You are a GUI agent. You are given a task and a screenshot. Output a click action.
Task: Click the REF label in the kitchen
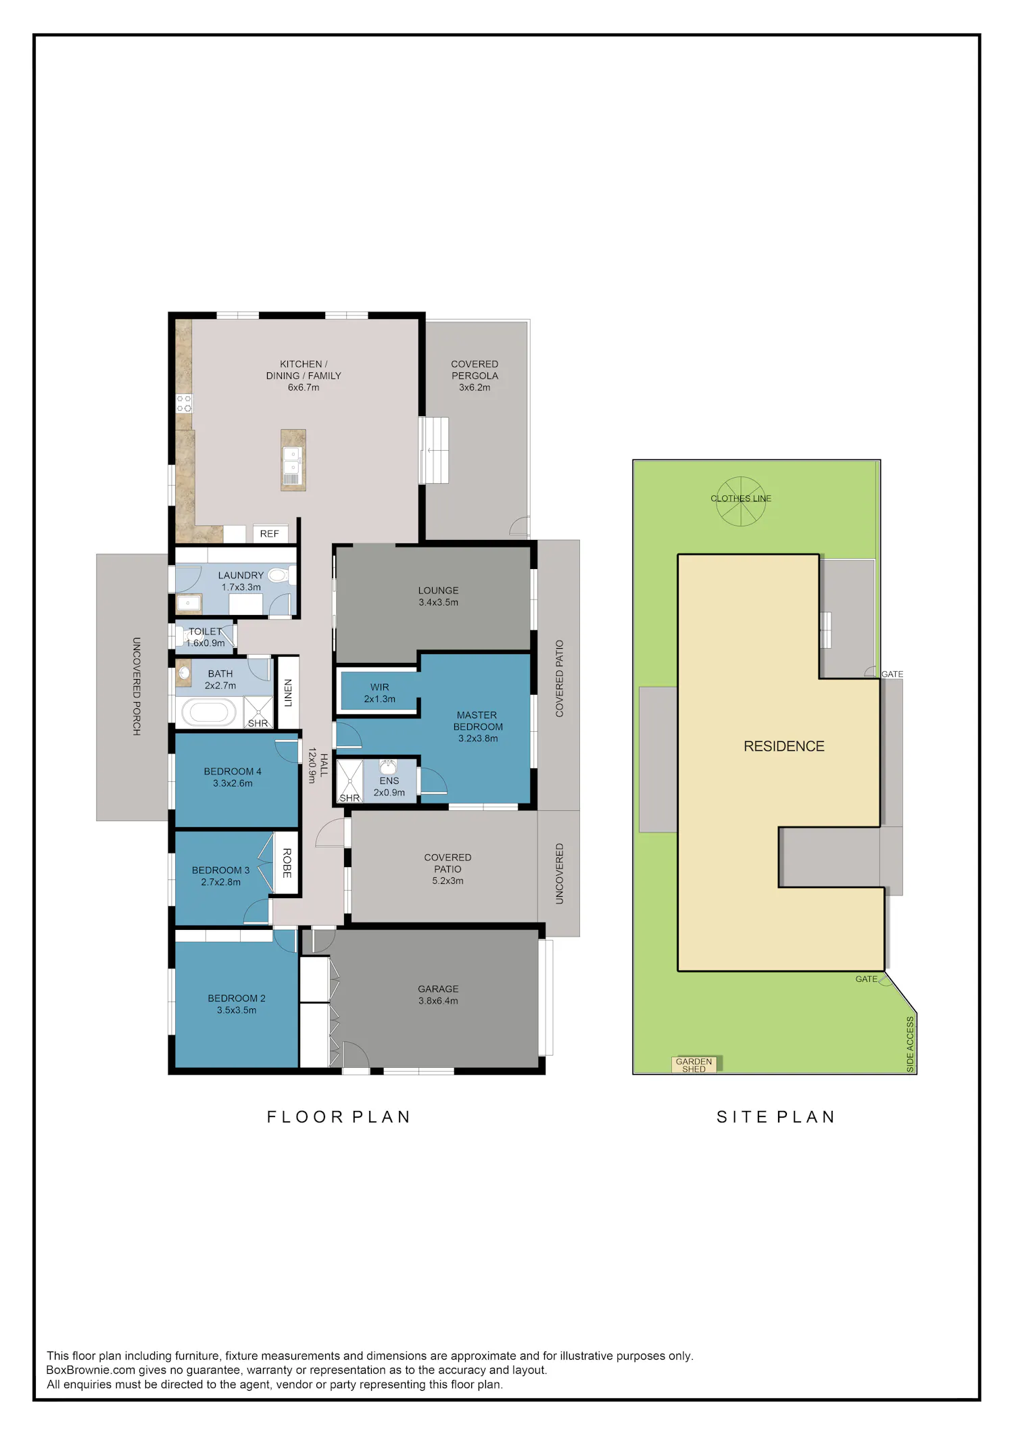tap(269, 534)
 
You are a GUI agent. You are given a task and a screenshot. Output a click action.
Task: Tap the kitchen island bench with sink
tap(293, 460)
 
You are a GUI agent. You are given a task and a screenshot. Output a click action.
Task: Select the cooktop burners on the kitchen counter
tap(184, 403)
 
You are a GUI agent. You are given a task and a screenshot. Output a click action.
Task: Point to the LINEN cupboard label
tap(288, 693)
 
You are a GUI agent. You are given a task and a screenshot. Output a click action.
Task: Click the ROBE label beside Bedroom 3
tap(287, 863)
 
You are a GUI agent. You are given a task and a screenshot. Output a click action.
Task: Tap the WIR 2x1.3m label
tap(380, 693)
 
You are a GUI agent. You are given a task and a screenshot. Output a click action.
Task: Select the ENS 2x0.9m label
tap(389, 787)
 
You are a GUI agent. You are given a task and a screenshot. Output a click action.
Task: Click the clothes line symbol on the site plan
tap(741, 501)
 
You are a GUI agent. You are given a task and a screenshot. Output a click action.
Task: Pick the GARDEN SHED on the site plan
tap(694, 1064)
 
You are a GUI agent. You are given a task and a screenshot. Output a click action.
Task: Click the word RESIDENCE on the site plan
tap(784, 746)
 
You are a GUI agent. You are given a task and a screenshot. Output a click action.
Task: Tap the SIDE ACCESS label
tap(910, 1044)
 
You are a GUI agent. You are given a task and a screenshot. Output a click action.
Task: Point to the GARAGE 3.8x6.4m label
tap(438, 995)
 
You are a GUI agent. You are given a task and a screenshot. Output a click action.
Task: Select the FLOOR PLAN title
tap(339, 1117)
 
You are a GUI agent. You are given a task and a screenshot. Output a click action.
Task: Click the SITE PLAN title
tap(776, 1117)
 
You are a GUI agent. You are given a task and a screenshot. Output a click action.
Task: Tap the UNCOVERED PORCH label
tap(137, 687)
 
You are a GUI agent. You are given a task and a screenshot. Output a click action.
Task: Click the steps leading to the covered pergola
tap(434, 450)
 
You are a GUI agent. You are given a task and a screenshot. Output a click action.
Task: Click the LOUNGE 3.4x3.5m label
tap(438, 596)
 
